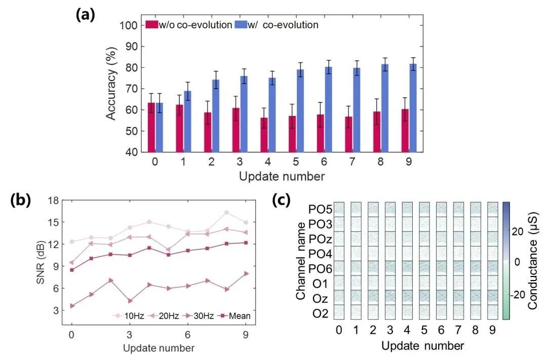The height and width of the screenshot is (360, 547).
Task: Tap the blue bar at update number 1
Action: pos(187,122)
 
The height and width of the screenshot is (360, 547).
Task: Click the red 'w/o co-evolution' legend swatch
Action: pos(150,24)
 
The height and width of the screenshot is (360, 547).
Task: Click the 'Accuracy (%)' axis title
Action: pos(111,89)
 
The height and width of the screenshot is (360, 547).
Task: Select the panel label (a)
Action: pos(85,15)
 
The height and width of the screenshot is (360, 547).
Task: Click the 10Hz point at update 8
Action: pos(226,213)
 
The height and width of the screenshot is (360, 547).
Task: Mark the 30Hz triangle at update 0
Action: pos(72,306)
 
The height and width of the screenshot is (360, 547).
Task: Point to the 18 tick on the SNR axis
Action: pos(52,200)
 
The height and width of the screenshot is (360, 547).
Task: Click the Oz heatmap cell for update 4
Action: pos(407,297)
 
